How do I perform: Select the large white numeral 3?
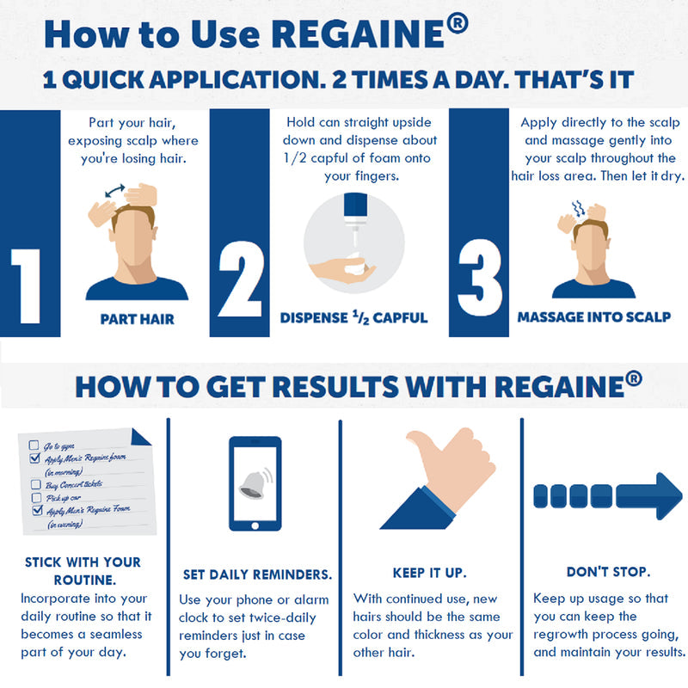tap(480, 273)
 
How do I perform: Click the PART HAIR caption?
tap(137, 319)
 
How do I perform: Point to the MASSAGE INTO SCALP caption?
tap(593, 317)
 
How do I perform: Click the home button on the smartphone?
tap(255, 522)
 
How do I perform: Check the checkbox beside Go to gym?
tap(34, 445)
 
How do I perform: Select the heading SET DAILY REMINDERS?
tap(257, 574)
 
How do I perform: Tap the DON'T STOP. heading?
tap(608, 571)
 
